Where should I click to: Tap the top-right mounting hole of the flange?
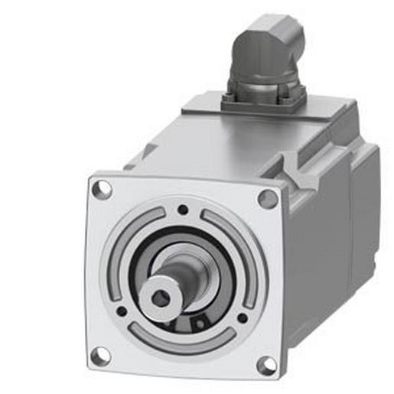[x=268, y=198]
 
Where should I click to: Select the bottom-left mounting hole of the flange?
[x=100, y=355]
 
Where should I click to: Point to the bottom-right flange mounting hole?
[x=266, y=365]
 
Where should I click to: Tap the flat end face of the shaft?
[x=153, y=294]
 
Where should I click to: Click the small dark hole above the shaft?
[x=182, y=210]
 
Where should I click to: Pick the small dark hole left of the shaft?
[x=122, y=311]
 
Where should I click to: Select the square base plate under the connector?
[x=265, y=99]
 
